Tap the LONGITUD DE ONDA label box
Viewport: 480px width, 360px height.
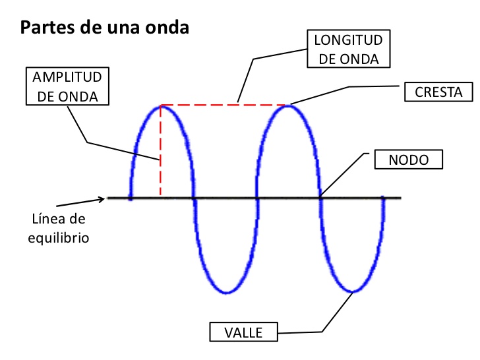[x=347, y=49]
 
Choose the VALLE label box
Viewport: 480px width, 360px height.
[x=243, y=332]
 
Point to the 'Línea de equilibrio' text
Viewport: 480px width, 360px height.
[x=59, y=227]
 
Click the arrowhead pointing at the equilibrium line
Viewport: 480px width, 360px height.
[x=100, y=198]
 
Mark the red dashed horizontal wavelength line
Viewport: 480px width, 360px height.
[x=224, y=105]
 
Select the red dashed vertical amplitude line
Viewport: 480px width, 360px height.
[x=160, y=152]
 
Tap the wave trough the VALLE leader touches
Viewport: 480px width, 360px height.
[x=354, y=291]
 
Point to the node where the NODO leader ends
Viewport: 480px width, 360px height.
[x=321, y=197]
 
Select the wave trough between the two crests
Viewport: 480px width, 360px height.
[x=226, y=292]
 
